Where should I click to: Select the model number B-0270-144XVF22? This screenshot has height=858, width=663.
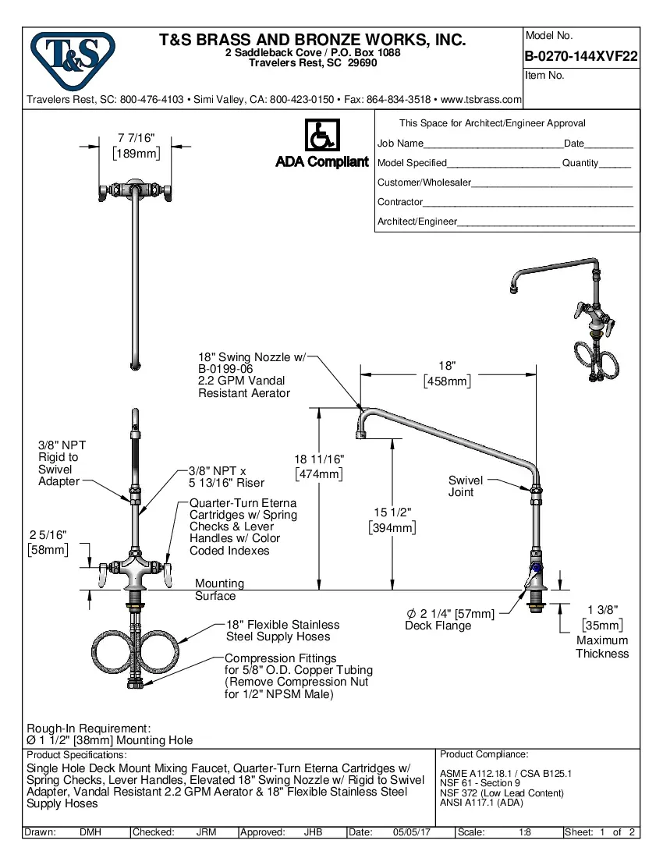(582, 56)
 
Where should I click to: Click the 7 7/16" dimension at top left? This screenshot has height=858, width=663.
(136, 137)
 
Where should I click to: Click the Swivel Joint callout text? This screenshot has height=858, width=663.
(465, 486)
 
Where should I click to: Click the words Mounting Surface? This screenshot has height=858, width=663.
(218, 590)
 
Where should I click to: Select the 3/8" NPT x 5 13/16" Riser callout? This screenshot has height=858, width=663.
(226, 477)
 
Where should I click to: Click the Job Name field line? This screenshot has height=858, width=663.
(491, 144)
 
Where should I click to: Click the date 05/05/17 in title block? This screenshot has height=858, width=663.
(412, 832)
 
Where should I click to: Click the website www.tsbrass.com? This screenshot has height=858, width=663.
(480, 100)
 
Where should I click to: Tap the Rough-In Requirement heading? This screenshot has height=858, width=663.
(88, 727)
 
